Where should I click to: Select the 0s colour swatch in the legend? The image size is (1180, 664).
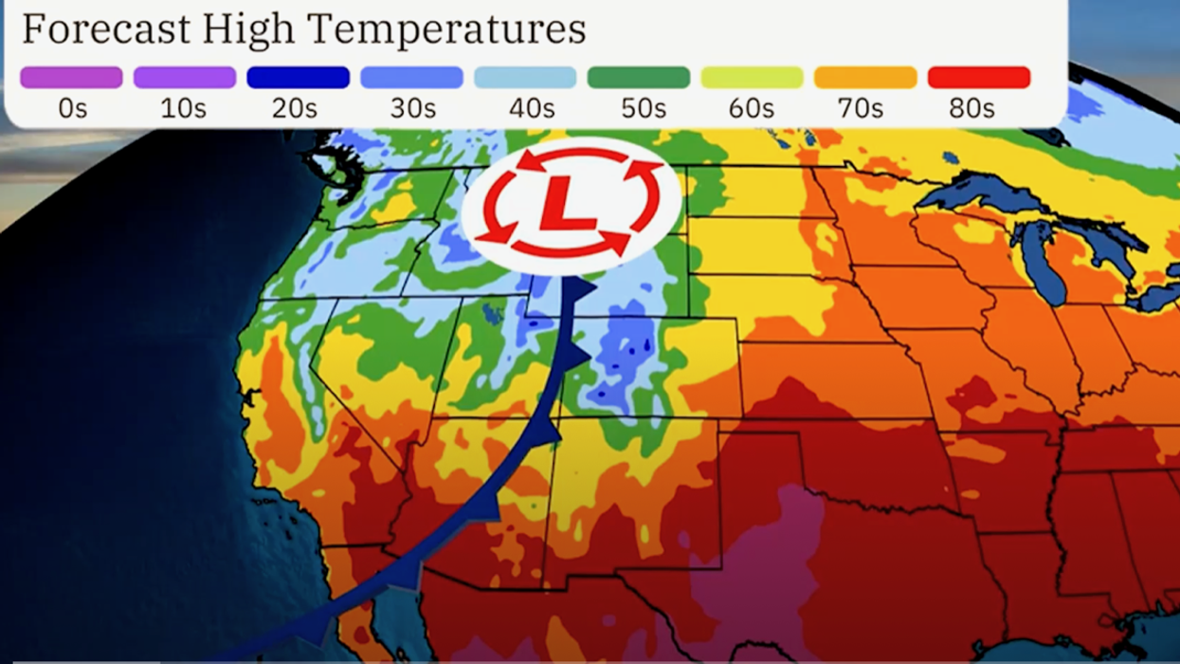tap(71, 78)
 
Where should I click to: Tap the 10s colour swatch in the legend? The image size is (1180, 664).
tap(185, 78)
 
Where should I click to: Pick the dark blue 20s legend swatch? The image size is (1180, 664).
tap(298, 78)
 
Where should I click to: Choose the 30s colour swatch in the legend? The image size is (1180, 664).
tap(411, 78)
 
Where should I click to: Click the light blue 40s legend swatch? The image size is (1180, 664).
tap(525, 78)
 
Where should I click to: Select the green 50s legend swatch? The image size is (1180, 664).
tap(639, 78)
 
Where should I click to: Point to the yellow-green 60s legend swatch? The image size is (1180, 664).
tap(752, 78)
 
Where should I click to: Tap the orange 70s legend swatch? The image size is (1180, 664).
tap(865, 78)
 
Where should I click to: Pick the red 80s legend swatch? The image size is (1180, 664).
tap(979, 78)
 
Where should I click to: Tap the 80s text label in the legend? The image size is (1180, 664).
tap(971, 109)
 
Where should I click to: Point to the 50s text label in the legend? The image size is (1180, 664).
tap(644, 109)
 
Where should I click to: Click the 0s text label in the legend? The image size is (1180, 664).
tap(72, 109)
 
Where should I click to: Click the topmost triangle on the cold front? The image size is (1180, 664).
tap(583, 287)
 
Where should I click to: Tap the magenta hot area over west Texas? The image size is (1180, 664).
tap(758, 560)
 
